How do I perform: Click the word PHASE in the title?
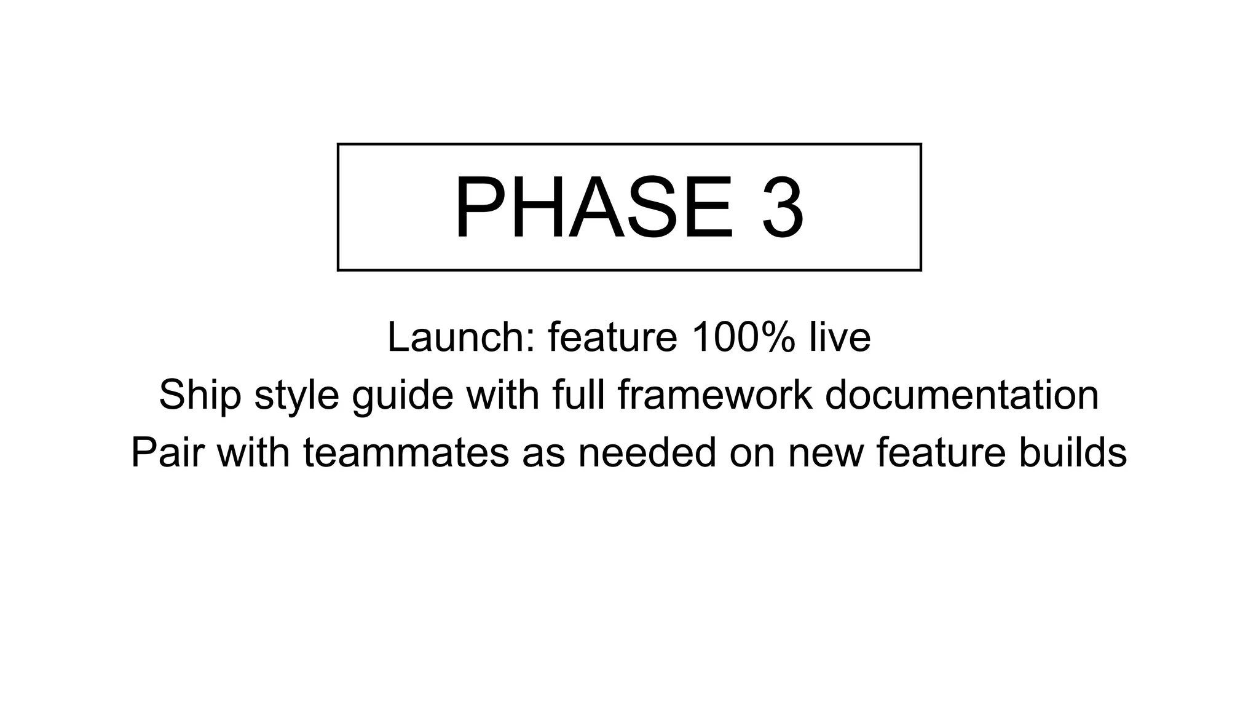click(594, 208)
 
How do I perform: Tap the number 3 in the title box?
click(783, 208)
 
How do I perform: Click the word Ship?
click(200, 395)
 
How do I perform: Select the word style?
click(296, 395)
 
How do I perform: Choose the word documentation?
click(961, 395)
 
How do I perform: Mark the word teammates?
click(406, 452)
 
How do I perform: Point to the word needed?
click(647, 452)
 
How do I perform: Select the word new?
click(825, 452)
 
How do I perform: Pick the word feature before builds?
click(941, 452)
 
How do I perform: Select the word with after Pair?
click(253, 452)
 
